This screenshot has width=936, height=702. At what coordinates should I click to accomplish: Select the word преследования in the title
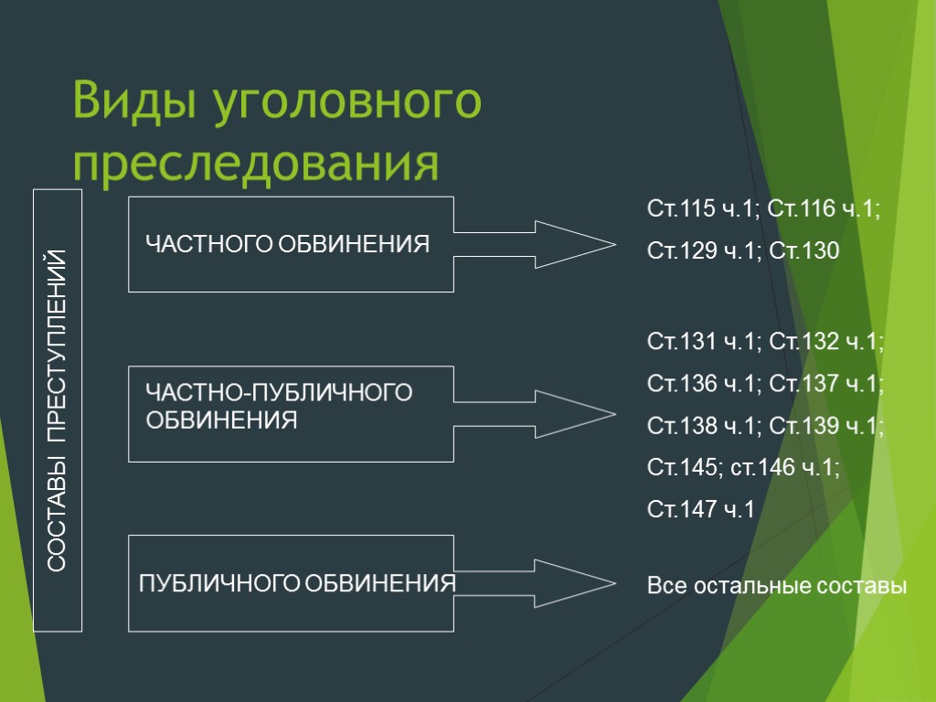point(256,163)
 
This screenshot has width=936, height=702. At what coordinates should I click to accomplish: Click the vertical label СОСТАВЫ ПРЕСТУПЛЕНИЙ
point(58,410)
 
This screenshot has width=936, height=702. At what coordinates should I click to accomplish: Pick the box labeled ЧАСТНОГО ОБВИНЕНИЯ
point(291,244)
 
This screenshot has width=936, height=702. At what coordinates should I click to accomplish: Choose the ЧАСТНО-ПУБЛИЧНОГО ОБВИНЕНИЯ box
point(291,413)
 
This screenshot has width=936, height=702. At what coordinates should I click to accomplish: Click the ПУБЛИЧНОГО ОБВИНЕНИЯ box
point(291,583)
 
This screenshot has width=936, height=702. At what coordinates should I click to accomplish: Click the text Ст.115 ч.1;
point(703,209)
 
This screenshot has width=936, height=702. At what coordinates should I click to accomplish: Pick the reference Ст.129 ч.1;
point(703,250)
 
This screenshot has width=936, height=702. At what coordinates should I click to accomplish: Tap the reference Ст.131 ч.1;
point(704,342)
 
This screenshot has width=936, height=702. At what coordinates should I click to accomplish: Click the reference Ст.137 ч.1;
point(826,383)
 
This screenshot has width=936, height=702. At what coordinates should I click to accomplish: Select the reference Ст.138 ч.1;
point(704,426)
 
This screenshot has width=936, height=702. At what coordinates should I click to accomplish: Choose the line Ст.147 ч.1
point(701,509)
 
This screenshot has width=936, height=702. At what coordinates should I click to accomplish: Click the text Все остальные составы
point(777,585)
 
